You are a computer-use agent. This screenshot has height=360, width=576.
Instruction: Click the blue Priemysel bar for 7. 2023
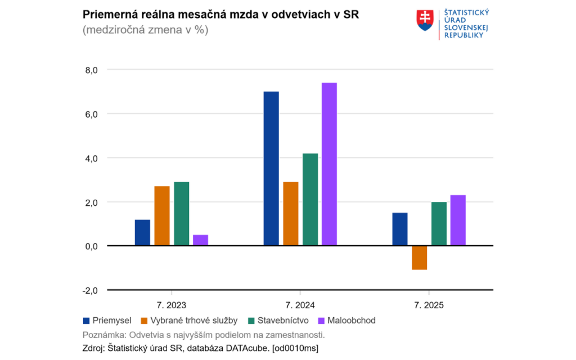[142, 232]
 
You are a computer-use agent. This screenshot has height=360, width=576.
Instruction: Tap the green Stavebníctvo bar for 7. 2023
[181, 214]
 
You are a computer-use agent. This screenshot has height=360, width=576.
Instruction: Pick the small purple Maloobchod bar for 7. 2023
[200, 240]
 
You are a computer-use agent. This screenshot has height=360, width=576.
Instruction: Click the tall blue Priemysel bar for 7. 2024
[271, 169]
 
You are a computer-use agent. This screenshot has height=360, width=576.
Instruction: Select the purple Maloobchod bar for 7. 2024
[329, 164]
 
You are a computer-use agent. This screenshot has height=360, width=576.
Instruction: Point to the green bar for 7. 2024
[310, 200]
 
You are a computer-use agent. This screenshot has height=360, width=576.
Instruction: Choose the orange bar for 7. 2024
[291, 214]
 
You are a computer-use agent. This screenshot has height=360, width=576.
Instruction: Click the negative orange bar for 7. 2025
[419, 258]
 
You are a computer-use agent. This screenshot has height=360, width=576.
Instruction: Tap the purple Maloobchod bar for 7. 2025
[458, 220]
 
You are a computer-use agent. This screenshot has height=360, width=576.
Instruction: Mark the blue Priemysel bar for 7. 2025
[400, 229]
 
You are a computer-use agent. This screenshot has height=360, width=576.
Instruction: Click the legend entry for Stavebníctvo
[277, 321]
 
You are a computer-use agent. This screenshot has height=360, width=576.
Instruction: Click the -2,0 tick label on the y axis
[91, 290]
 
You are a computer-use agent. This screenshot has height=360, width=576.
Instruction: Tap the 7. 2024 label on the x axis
[300, 305]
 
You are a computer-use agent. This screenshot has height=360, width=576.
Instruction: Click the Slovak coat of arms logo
[425, 21]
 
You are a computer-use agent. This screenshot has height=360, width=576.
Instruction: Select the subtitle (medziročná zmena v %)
[145, 30]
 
